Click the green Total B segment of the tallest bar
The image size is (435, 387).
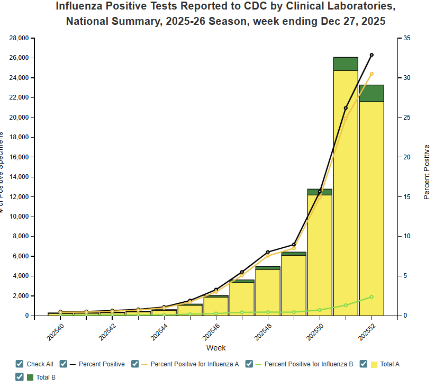(x=346, y=64)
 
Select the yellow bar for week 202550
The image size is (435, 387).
(x=320, y=254)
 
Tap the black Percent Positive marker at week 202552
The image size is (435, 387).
(x=371, y=55)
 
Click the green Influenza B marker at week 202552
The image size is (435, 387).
(x=371, y=297)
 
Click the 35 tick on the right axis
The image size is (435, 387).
(x=406, y=38)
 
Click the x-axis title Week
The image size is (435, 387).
(x=216, y=348)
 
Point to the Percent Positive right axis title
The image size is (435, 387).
(x=427, y=172)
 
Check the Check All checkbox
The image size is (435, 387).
(x=20, y=364)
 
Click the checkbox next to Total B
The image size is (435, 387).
(x=20, y=377)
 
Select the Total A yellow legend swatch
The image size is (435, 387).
(x=374, y=364)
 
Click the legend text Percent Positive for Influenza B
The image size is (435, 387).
(x=309, y=364)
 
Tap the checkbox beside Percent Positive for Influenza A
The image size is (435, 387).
(x=135, y=364)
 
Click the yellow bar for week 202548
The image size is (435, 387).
(x=268, y=294)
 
